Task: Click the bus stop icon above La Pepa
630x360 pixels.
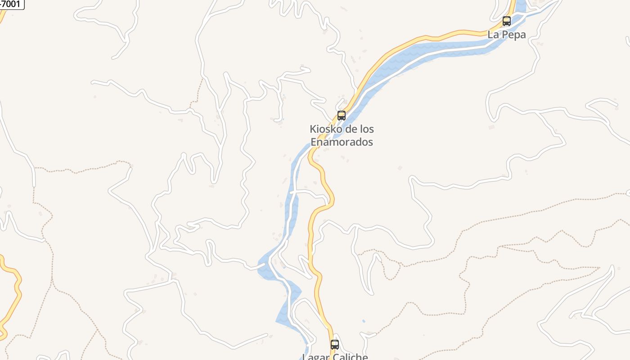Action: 507,21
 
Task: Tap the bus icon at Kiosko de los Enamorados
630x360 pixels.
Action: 342,116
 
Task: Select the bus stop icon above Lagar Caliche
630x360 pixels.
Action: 335,345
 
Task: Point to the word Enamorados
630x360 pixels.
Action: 342,142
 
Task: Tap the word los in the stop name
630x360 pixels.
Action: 367,129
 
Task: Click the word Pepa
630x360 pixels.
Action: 513,35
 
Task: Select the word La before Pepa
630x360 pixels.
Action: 494,35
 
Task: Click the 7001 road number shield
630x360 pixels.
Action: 11,4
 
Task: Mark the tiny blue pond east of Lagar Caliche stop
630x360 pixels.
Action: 364,321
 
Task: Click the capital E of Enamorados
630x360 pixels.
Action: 314,142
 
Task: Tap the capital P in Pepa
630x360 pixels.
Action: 504,35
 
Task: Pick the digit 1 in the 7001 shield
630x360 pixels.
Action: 19,4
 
